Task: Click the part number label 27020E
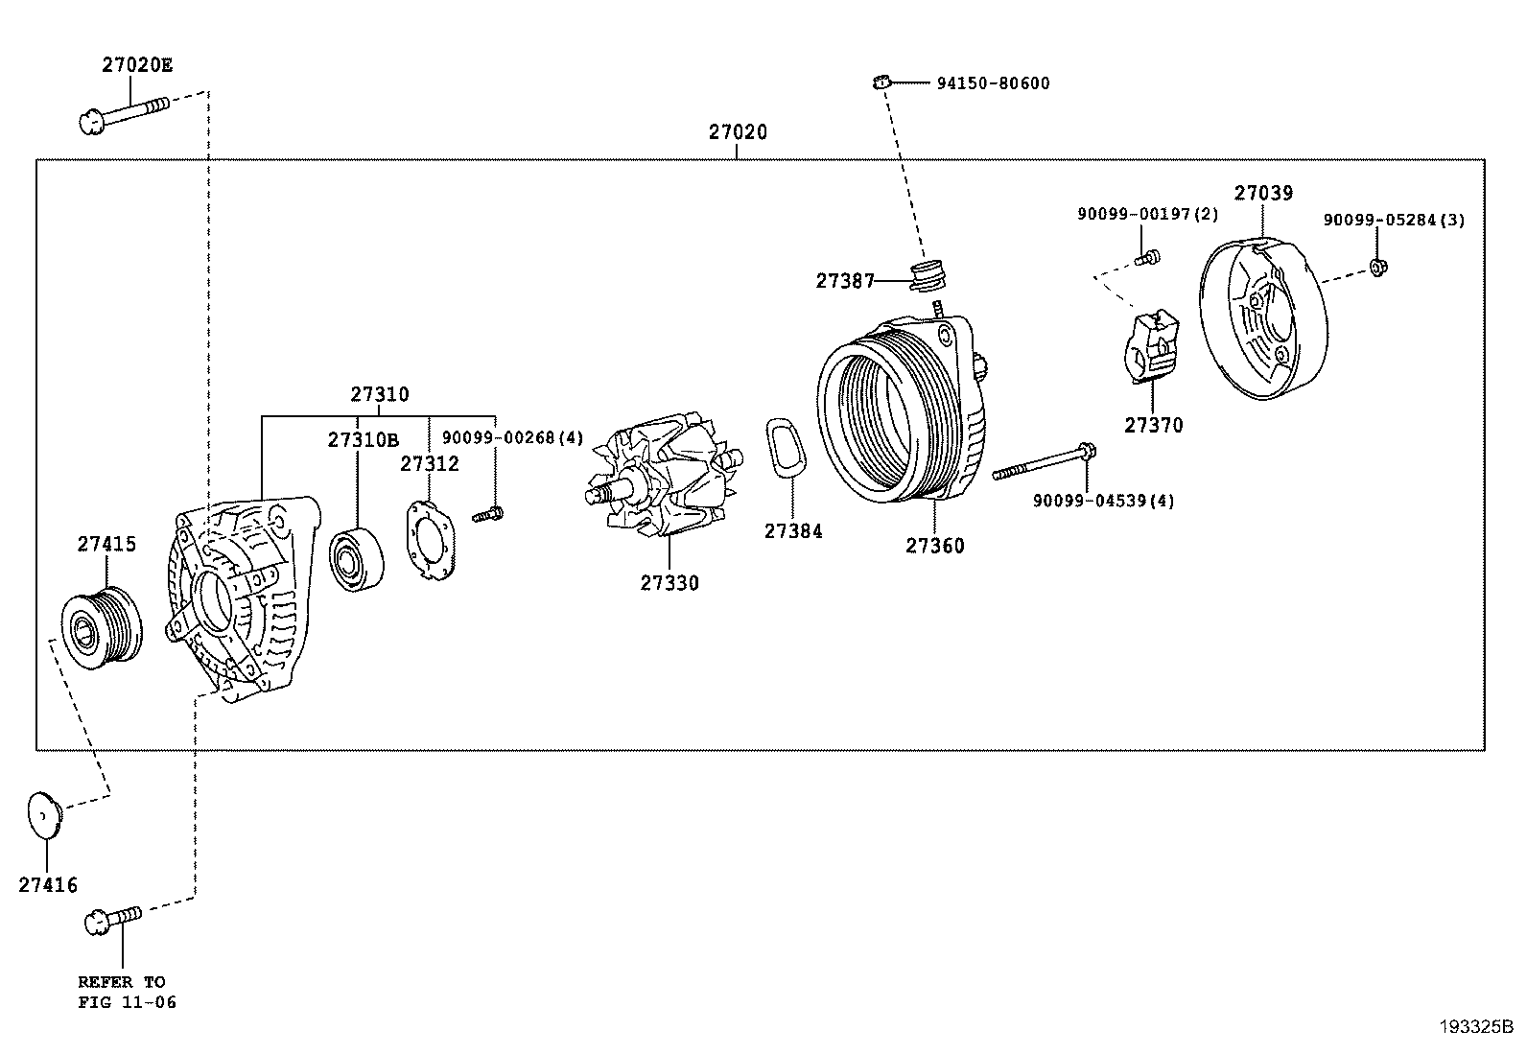[137, 65]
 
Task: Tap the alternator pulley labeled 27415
[103, 627]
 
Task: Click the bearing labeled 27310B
[356, 559]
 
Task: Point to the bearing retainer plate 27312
[431, 541]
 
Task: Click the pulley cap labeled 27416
[44, 814]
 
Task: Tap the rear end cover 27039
[1263, 319]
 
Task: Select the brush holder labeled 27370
[1151, 347]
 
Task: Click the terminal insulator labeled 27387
[928, 275]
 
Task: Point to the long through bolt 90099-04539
[1044, 461]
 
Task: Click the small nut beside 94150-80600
[881, 83]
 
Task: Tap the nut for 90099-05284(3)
[1378, 267]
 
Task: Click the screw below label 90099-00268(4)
[488, 514]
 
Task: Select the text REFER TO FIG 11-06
[127, 992]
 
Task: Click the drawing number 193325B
[1476, 1027]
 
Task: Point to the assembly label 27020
[738, 131]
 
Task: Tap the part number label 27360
[934, 546]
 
